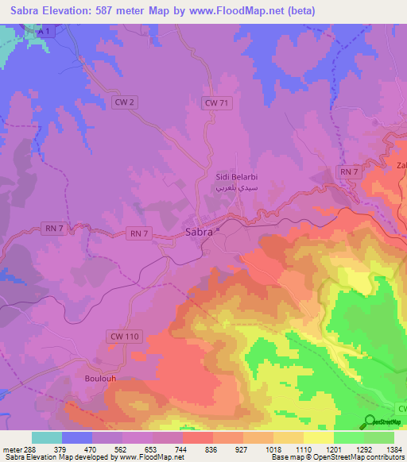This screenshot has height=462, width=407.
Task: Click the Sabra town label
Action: click(199, 233)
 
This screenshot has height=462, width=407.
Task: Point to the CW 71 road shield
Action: click(216, 102)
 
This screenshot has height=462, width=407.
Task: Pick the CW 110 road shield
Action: click(122, 337)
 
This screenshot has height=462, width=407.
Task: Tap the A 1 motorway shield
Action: click(47, 29)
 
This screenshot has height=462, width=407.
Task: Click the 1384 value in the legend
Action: click(394, 449)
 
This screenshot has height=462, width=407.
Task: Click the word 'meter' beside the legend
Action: click(11, 449)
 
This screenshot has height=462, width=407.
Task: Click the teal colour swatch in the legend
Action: click(47, 437)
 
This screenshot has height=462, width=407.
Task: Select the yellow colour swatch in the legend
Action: click(318, 437)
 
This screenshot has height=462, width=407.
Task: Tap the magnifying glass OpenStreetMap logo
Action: click(370, 422)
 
